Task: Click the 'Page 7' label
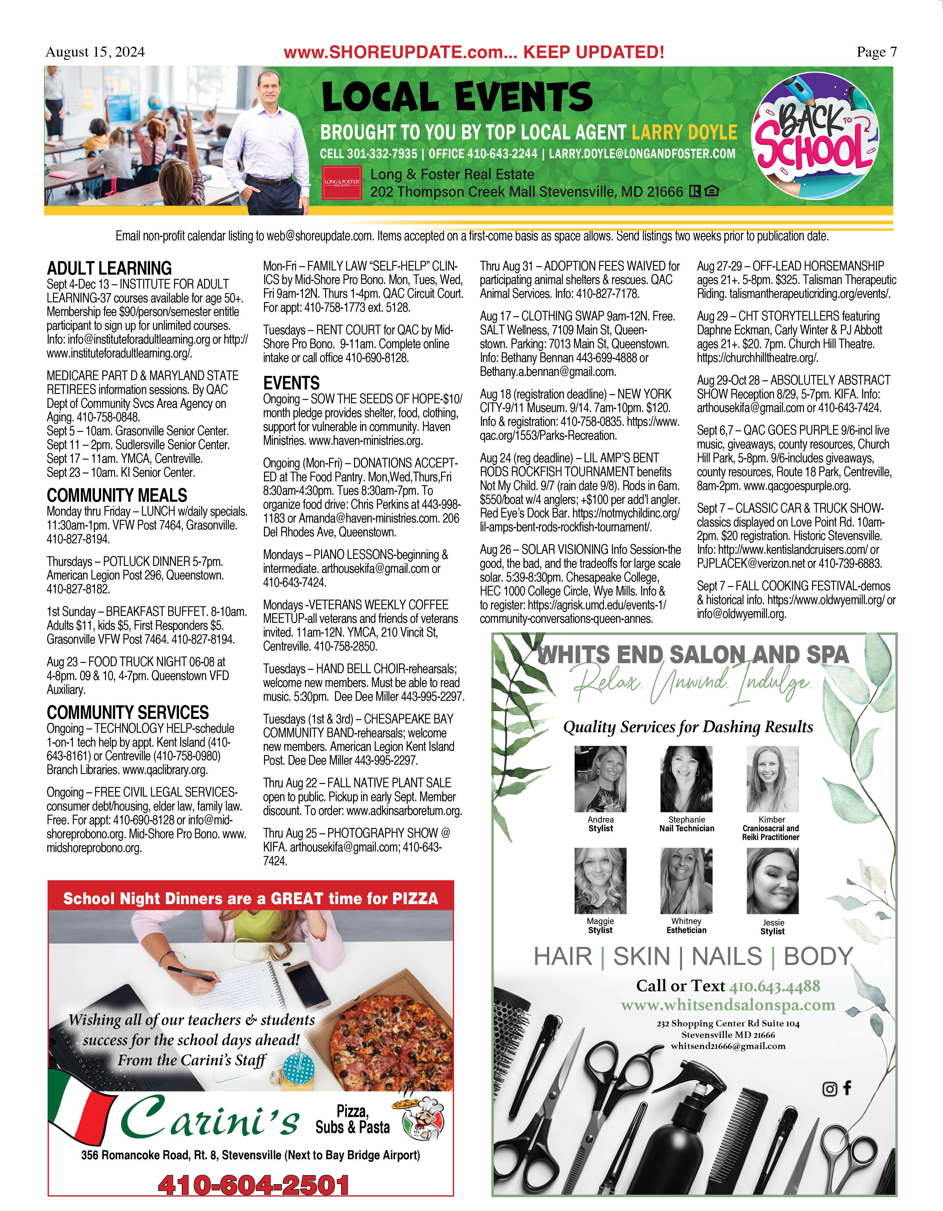876,52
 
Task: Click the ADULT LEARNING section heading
109,268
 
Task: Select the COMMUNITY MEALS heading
117,495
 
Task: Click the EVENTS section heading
291,382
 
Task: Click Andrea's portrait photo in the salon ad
600,779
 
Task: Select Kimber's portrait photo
772,779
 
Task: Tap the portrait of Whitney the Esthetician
686,881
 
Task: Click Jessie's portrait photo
772,881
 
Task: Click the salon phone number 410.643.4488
774,986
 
